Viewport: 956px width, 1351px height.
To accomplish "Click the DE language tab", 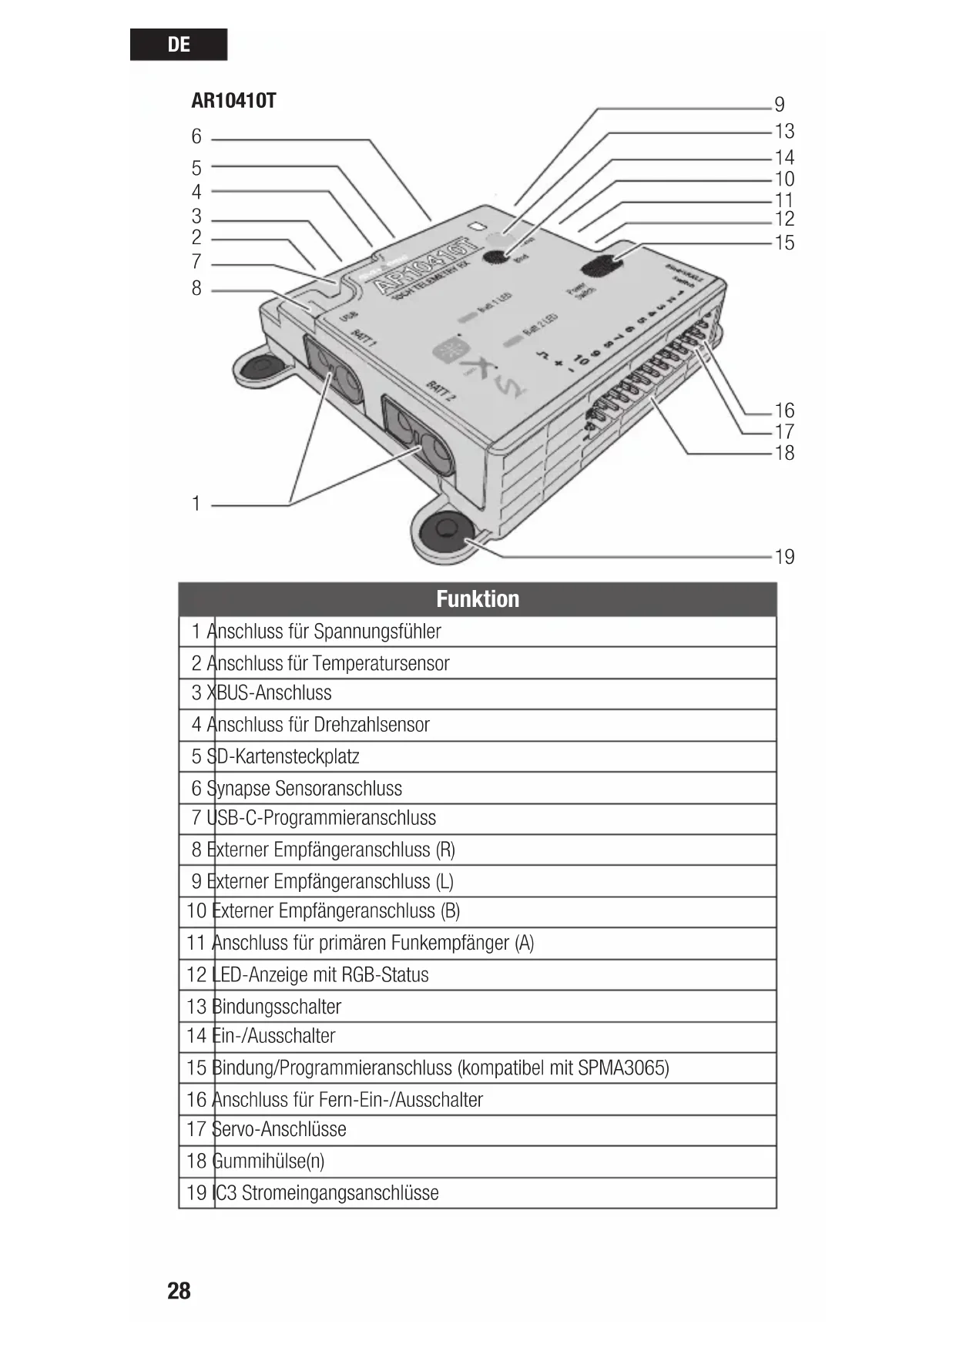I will (x=178, y=45).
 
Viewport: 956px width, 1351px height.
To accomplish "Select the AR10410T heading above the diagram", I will (x=233, y=101).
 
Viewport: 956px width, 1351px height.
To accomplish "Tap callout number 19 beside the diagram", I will (x=784, y=557).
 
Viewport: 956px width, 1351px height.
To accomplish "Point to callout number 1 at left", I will (x=196, y=504).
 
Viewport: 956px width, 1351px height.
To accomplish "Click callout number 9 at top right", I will (x=780, y=105).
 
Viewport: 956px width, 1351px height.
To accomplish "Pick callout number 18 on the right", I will (x=784, y=453).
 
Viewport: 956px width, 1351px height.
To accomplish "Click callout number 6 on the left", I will (x=196, y=137).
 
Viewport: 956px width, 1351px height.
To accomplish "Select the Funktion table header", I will (x=477, y=599).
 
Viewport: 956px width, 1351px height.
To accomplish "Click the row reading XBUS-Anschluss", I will (x=269, y=693).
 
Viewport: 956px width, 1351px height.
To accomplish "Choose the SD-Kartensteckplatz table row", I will (x=283, y=756).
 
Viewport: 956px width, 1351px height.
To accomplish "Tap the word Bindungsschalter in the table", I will (x=276, y=1007).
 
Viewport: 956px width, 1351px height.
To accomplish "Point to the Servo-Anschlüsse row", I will (x=278, y=1130).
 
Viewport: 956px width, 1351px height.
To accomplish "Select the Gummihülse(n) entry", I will (x=267, y=1162).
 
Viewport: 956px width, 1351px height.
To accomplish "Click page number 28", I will (x=179, y=1291).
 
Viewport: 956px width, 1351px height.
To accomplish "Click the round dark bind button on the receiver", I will (x=497, y=256).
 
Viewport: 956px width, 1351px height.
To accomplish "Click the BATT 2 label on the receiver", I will (x=441, y=391).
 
